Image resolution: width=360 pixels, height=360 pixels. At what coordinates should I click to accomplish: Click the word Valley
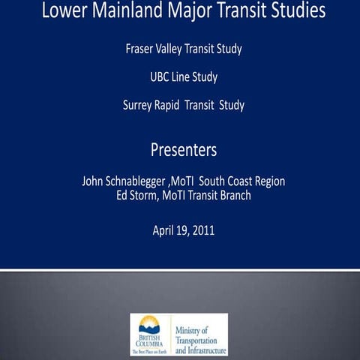pyautogui.click(x=178, y=49)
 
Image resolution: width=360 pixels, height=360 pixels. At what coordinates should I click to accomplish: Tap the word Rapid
pyautogui.click(x=177, y=105)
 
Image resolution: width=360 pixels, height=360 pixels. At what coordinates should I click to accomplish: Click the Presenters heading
pyautogui.click(x=184, y=150)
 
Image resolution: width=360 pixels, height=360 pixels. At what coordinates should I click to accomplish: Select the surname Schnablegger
pyautogui.click(x=147, y=181)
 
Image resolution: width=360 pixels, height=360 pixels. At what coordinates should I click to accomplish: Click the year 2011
pyautogui.click(x=202, y=230)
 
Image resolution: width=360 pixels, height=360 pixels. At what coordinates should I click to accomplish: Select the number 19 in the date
pyautogui.click(x=182, y=230)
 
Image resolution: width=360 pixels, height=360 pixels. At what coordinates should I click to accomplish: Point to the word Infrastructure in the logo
pyautogui.click(x=207, y=349)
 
